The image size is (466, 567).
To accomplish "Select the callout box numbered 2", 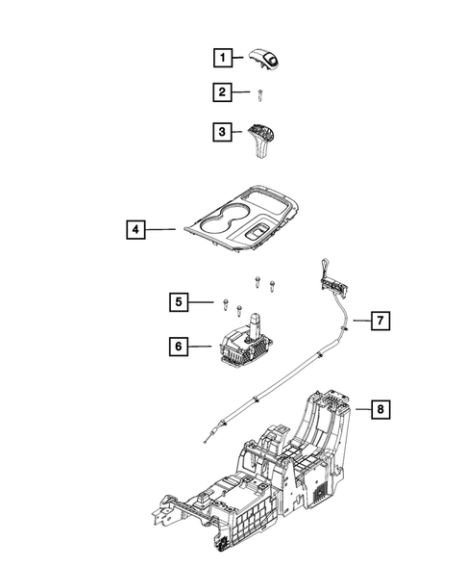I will click(x=222, y=93).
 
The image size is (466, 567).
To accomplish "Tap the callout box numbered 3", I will click(x=222, y=131).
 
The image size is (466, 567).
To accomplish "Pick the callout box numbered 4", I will click(x=137, y=230).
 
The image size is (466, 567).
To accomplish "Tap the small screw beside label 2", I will click(x=259, y=93).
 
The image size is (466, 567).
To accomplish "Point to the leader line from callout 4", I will click(x=162, y=230).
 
